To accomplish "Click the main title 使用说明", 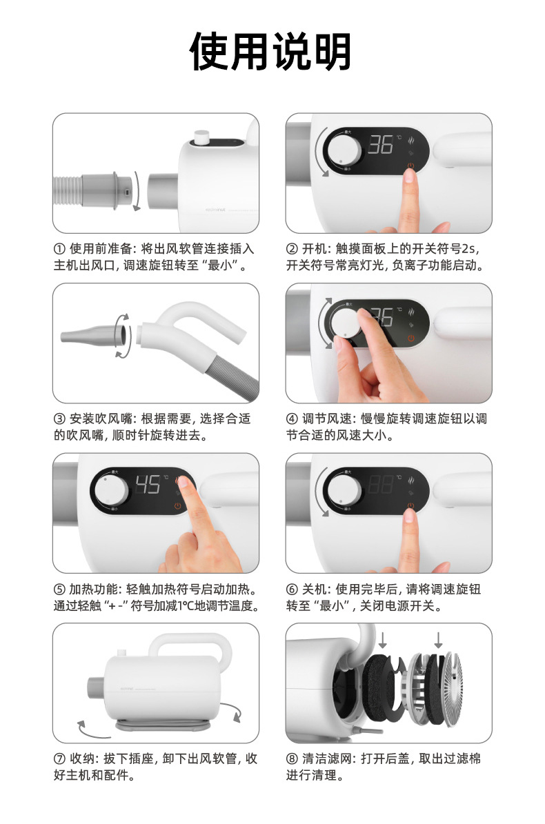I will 271,52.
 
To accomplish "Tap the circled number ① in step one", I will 59,249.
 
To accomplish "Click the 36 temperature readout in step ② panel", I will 380,145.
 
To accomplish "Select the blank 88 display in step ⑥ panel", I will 380,485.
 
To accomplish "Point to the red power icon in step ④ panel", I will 411,338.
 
